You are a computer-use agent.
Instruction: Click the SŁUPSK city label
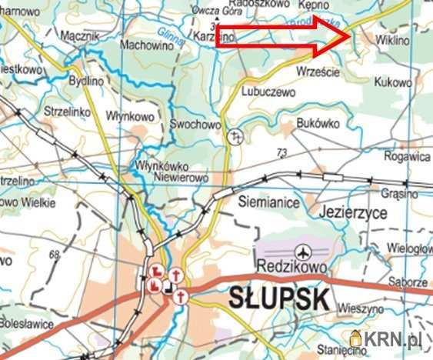pos(279,298)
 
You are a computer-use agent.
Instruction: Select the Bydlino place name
pos(85,80)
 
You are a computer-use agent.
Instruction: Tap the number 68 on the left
pos(54,254)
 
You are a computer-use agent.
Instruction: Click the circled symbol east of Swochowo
pos(236,136)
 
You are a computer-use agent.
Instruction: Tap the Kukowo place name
pos(392,81)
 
